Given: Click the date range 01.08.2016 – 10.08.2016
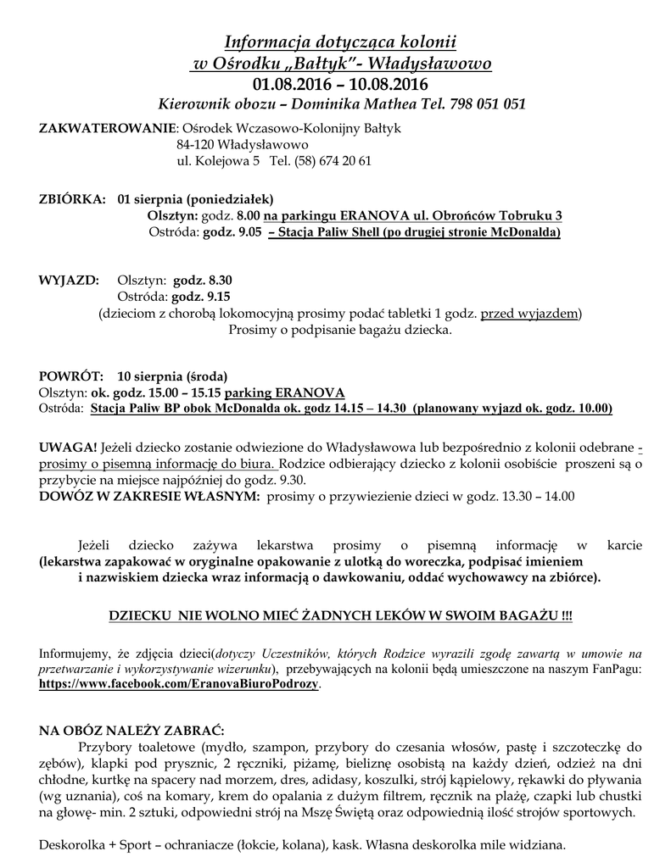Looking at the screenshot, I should point(340,84).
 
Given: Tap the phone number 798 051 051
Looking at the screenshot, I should point(486,104).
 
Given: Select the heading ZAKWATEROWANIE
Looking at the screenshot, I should point(106,128).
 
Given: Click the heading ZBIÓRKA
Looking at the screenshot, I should point(72,200).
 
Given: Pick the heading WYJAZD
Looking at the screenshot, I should point(70,280).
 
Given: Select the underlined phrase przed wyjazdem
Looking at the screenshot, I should point(530,313).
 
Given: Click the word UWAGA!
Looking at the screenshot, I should point(68,448).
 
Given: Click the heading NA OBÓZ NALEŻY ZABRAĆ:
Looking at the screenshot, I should point(132,731).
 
